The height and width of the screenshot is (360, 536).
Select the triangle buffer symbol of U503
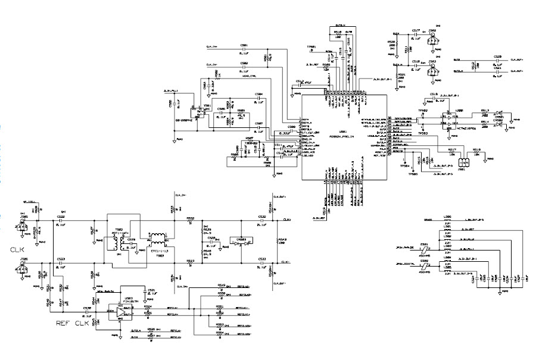[129, 309]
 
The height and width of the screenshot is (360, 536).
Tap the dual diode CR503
[241, 243]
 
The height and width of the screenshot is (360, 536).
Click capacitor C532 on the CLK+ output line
[262, 220]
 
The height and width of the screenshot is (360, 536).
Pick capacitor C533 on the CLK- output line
[262, 262]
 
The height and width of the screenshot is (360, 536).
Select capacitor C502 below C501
[244, 65]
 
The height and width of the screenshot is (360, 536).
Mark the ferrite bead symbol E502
[425, 264]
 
